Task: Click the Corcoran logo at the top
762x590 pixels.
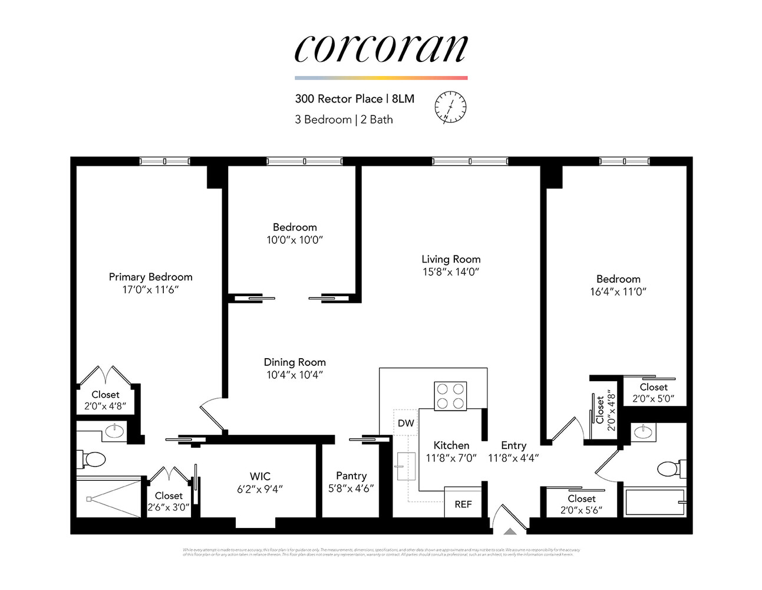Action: pyautogui.click(x=381, y=48)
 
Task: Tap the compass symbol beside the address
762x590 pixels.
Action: pyautogui.click(x=450, y=107)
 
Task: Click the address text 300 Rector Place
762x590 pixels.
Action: pyautogui.click(x=339, y=99)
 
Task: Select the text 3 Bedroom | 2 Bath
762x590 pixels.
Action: pyautogui.click(x=344, y=119)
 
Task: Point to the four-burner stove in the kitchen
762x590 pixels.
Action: pyautogui.click(x=450, y=396)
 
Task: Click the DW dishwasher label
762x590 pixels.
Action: pyautogui.click(x=405, y=423)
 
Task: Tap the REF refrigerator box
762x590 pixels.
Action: pyautogui.click(x=463, y=504)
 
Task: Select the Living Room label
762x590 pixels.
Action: pyautogui.click(x=451, y=259)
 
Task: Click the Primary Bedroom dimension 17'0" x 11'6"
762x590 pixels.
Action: pyautogui.click(x=150, y=290)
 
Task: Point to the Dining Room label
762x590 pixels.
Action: pyautogui.click(x=295, y=362)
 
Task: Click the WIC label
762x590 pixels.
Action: pyautogui.click(x=260, y=476)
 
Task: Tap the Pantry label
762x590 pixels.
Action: pyautogui.click(x=351, y=476)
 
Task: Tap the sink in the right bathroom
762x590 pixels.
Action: pyautogui.click(x=642, y=432)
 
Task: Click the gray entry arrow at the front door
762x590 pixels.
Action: pyautogui.click(x=510, y=532)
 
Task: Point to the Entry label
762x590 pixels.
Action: pyautogui.click(x=513, y=445)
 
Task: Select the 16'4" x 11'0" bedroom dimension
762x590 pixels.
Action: pyautogui.click(x=618, y=291)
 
